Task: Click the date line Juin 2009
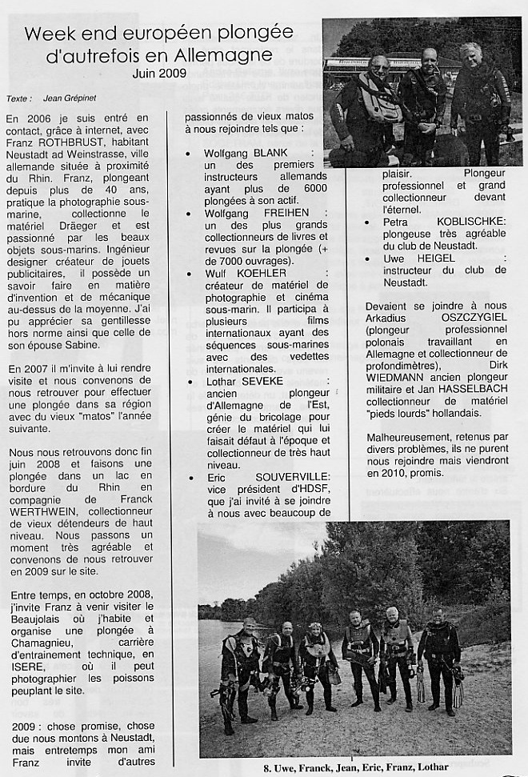158,73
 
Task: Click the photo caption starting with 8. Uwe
356,768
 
